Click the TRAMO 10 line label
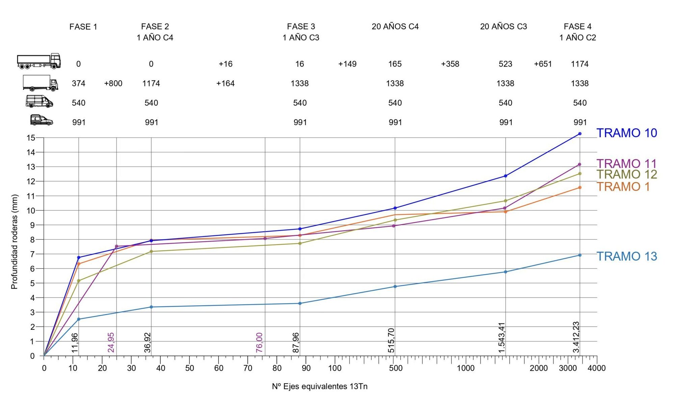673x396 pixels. click(x=626, y=133)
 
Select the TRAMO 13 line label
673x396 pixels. click(x=626, y=256)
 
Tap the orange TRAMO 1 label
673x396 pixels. click(x=623, y=186)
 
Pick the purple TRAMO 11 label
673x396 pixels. click(x=626, y=164)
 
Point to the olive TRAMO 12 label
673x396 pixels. click(x=626, y=175)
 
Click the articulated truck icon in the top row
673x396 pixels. click(x=39, y=61)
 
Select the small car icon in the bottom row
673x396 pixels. click(x=41, y=120)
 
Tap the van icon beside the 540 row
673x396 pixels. click(x=40, y=101)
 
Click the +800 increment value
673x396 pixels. click(x=113, y=83)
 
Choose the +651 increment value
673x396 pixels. click(x=543, y=64)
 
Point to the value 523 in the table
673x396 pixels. click(x=505, y=64)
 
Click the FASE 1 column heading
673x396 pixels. click(x=83, y=27)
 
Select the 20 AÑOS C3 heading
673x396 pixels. click(x=503, y=26)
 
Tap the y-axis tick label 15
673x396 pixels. click(x=31, y=138)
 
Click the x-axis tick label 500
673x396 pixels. click(x=396, y=368)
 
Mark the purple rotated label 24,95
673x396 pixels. click(x=111, y=342)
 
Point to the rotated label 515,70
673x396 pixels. click(x=391, y=340)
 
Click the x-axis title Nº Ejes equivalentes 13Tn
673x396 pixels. click(x=320, y=386)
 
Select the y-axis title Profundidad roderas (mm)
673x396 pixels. click(x=14, y=242)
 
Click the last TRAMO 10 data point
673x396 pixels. click(x=580, y=134)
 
